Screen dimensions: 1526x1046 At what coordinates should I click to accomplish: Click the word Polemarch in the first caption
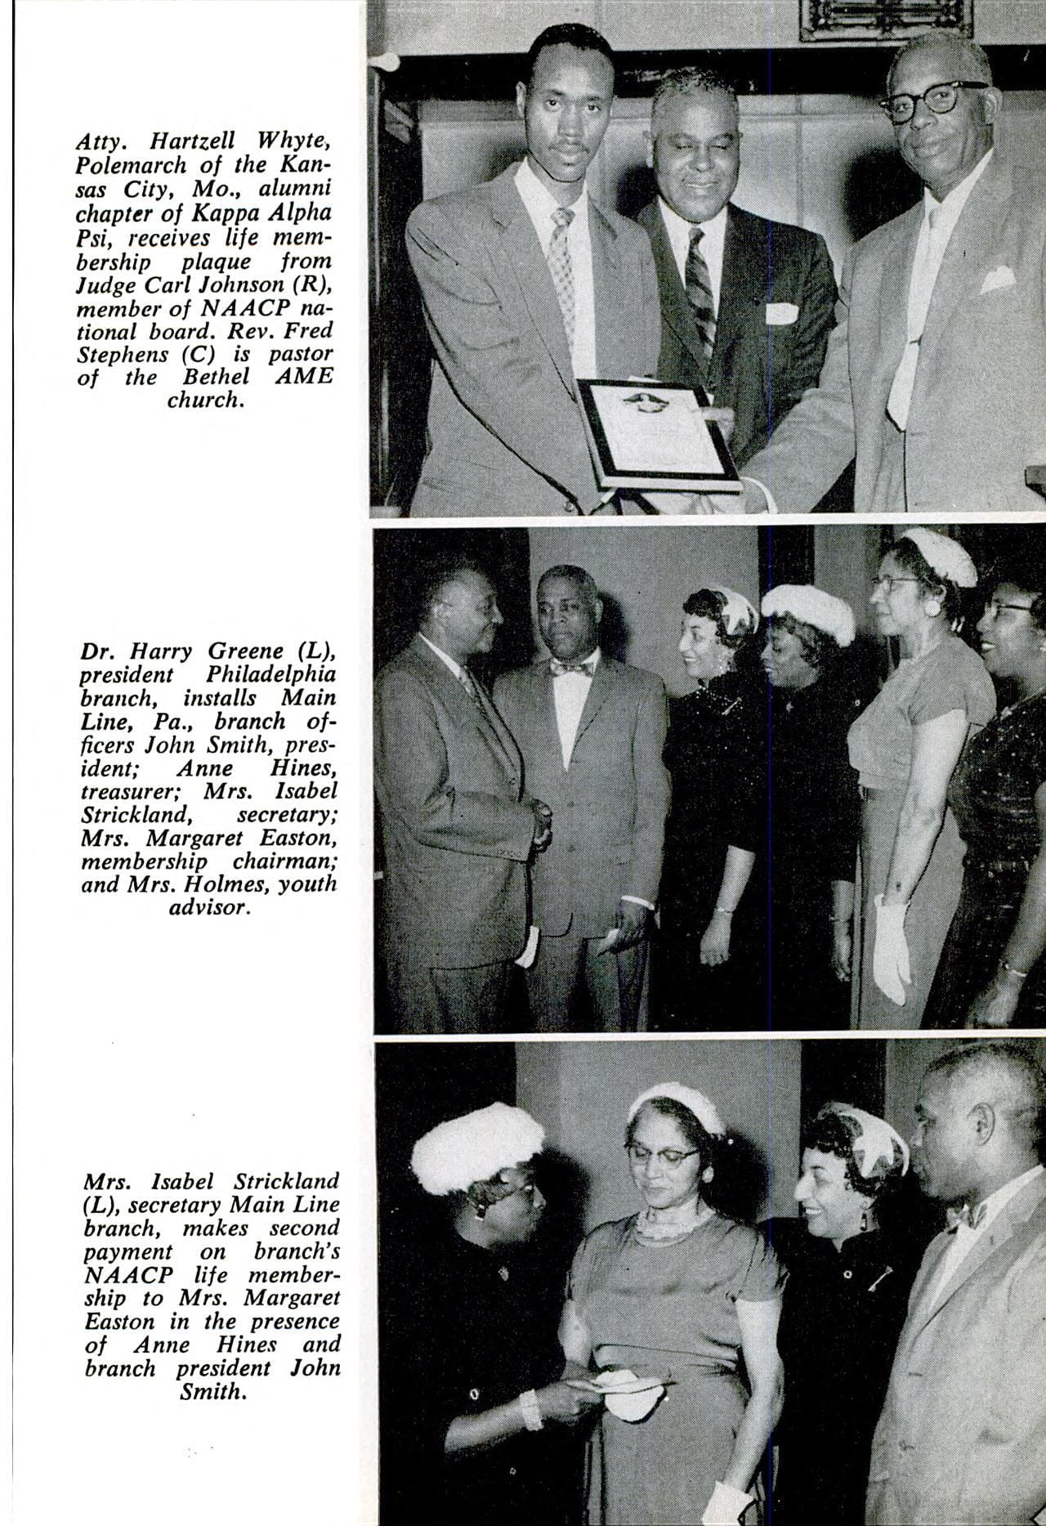tap(127, 165)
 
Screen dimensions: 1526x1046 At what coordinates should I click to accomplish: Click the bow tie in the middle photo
tap(572, 669)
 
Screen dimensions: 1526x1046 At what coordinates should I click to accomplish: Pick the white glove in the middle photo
tap(892, 948)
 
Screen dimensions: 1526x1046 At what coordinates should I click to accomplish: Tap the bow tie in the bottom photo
tap(967, 1215)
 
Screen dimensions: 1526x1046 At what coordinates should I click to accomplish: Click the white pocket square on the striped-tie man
tap(781, 313)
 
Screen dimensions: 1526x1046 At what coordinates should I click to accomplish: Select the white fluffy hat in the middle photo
tap(807, 611)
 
